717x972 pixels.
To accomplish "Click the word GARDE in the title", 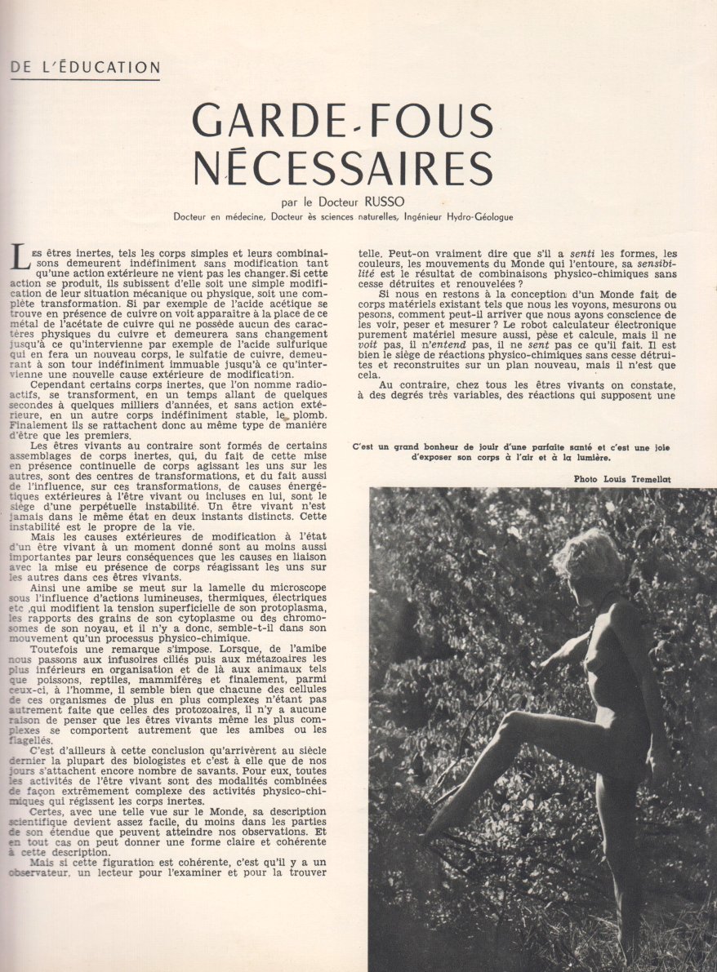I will pyautogui.click(x=264, y=122).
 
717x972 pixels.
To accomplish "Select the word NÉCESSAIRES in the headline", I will pyautogui.click(x=343, y=167).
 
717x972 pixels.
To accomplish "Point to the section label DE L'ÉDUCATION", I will pyautogui.click(x=85, y=67).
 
